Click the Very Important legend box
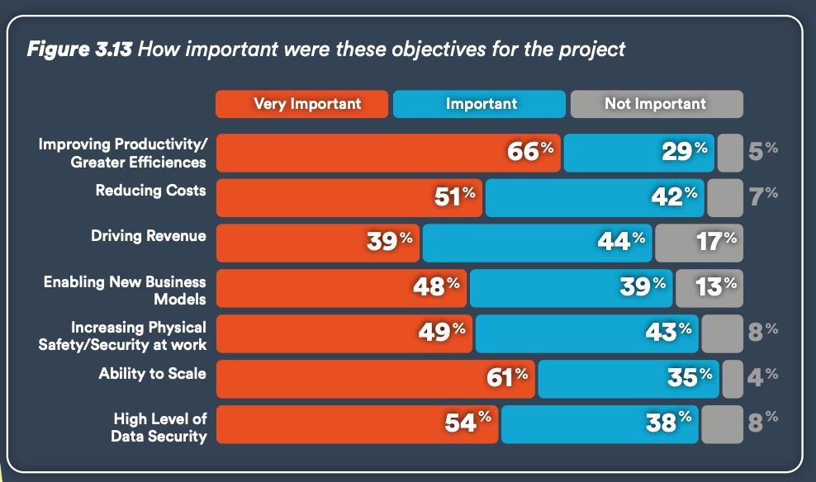301,104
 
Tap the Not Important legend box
656,104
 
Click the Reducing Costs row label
150,191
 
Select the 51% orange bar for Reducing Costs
349,196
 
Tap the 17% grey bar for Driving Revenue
699,241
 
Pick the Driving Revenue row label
149,236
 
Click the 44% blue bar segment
537,241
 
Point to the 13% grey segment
709,286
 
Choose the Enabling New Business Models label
125,291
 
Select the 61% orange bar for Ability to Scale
375,377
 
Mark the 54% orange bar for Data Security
357,423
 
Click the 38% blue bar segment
599,423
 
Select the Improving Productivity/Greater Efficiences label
122,153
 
